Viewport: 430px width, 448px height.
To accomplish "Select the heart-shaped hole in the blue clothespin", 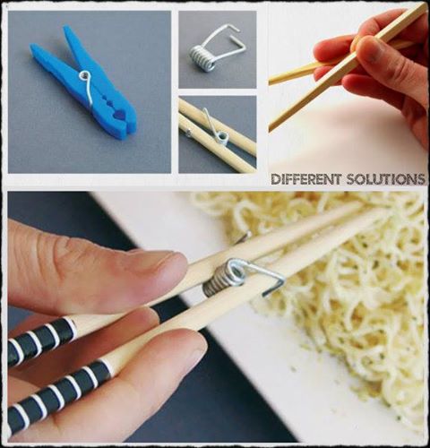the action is pyautogui.click(x=120, y=115).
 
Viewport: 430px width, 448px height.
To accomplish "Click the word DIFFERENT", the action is pyautogui.click(x=305, y=179).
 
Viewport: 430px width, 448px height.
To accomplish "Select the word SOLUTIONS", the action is pyautogui.click(x=385, y=179).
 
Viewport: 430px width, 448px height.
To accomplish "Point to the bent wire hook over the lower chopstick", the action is pyautogui.click(x=269, y=280).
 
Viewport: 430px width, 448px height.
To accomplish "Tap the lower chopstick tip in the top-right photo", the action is pyautogui.click(x=272, y=128).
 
